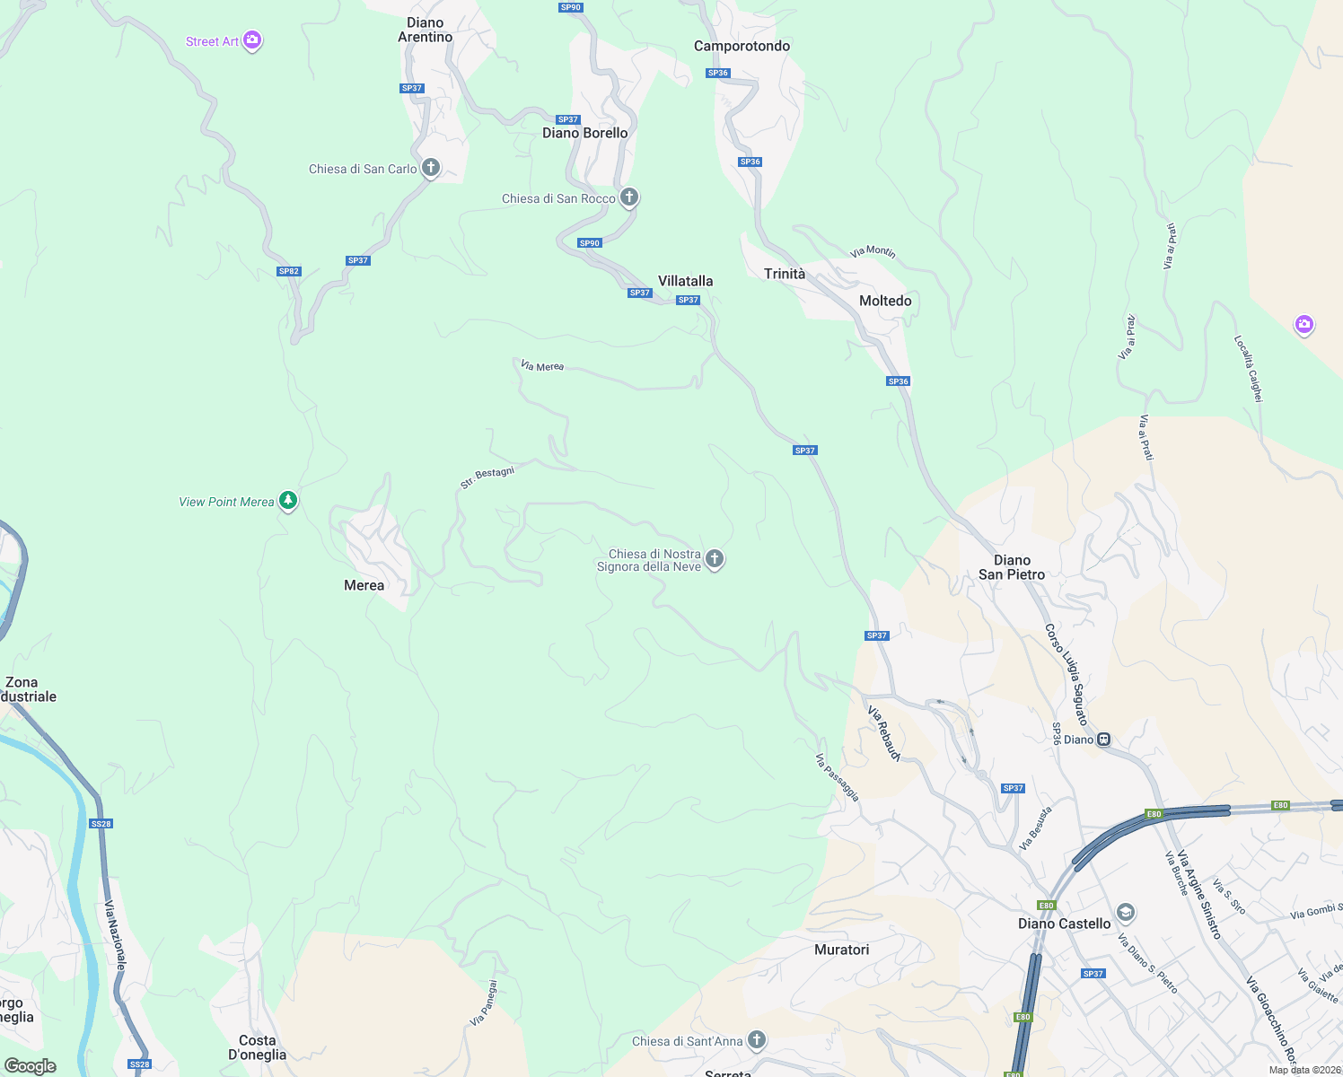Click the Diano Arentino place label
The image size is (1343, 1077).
click(425, 30)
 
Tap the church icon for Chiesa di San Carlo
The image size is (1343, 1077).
click(431, 167)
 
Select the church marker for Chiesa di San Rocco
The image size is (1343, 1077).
click(629, 197)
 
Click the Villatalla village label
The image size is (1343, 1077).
click(685, 281)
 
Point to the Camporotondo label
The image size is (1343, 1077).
click(742, 46)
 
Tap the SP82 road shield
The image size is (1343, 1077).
click(288, 271)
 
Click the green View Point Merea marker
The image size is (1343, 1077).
click(288, 501)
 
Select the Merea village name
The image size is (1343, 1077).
click(364, 585)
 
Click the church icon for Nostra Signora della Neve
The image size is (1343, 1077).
click(715, 559)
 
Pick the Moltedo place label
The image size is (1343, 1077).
click(885, 301)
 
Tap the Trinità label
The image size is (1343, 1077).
click(785, 274)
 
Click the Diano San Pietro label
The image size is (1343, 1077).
click(1012, 567)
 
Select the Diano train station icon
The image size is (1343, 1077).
click(1104, 740)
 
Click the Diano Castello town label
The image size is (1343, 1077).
click(1064, 924)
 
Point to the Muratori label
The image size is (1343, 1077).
click(841, 950)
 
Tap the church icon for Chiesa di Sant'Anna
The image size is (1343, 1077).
click(757, 1040)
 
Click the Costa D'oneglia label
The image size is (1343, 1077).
click(257, 1047)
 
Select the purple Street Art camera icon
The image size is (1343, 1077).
click(252, 40)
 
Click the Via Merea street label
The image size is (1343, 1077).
click(542, 365)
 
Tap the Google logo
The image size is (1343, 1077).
click(31, 1066)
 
